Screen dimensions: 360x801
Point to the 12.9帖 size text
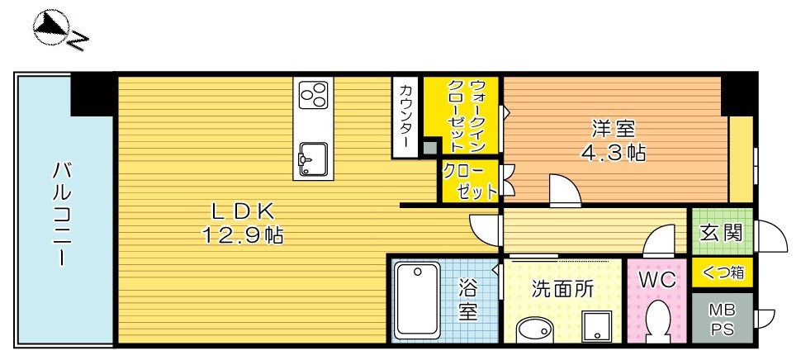click(241, 236)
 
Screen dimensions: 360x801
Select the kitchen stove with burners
click(314, 96)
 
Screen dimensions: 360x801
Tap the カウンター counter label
click(406, 116)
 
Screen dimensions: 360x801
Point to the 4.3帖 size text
click(612, 154)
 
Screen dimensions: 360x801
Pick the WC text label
click(657, 280)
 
